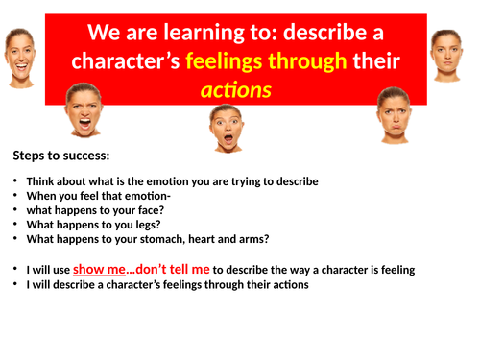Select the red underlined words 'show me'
click(99, 270)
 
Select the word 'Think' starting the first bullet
click(42, 181)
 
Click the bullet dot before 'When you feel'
click(15, 196)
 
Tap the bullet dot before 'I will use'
click(15, 270)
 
